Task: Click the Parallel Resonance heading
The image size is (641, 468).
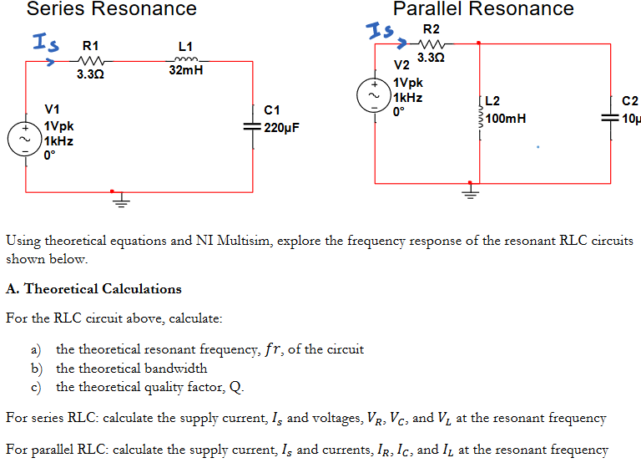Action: [x=483, y=9]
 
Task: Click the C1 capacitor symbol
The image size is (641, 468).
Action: [x=252, y=126]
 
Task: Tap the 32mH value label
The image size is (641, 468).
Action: [x=186, y=72]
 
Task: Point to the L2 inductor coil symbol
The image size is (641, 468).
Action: [x=480, y=118]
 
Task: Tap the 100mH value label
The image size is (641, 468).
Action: [x=506, y=119]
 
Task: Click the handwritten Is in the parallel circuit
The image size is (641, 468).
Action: [x=381, y=33]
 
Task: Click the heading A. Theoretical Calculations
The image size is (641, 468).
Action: [x=93, y=289]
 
